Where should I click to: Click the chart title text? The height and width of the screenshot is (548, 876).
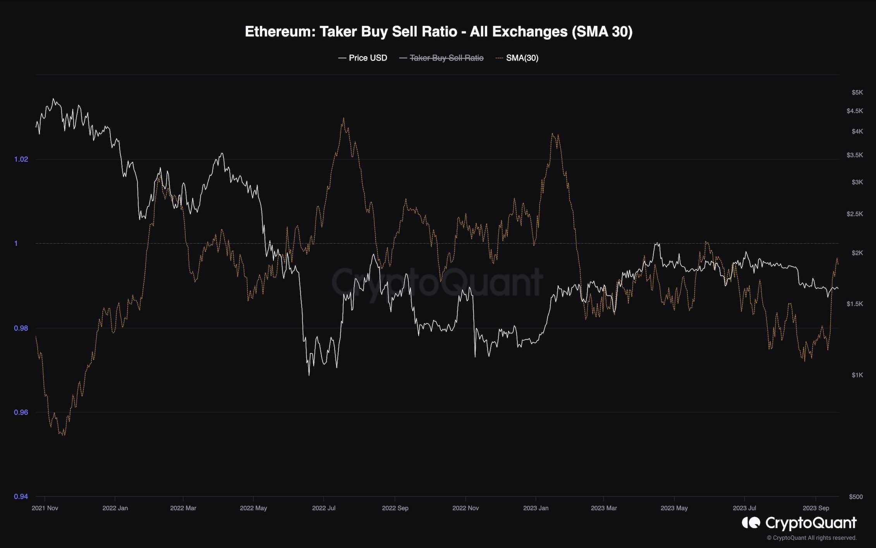point(438,32)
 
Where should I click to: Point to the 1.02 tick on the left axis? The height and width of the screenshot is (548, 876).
point(21,159)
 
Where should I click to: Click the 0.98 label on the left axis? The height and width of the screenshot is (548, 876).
point(21,328)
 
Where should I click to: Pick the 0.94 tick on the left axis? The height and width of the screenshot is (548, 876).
point(21,496)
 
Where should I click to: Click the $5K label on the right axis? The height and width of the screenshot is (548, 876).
point(857,92)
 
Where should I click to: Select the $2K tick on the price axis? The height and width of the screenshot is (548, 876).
point(857,253)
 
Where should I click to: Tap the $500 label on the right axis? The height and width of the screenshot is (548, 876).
point(855,497)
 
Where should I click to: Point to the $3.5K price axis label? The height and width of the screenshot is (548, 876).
point(855,155)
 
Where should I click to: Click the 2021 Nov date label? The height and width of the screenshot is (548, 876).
point(45,508)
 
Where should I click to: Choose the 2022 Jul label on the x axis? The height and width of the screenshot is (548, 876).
point(324,508)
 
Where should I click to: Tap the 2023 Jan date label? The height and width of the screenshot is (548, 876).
point(536,508)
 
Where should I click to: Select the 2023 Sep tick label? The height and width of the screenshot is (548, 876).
point(816,508)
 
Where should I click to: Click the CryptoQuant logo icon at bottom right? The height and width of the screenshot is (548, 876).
point(751,523)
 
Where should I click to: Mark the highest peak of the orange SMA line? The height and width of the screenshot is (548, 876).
point(344,118)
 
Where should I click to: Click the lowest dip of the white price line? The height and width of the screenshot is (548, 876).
point(309,375)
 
